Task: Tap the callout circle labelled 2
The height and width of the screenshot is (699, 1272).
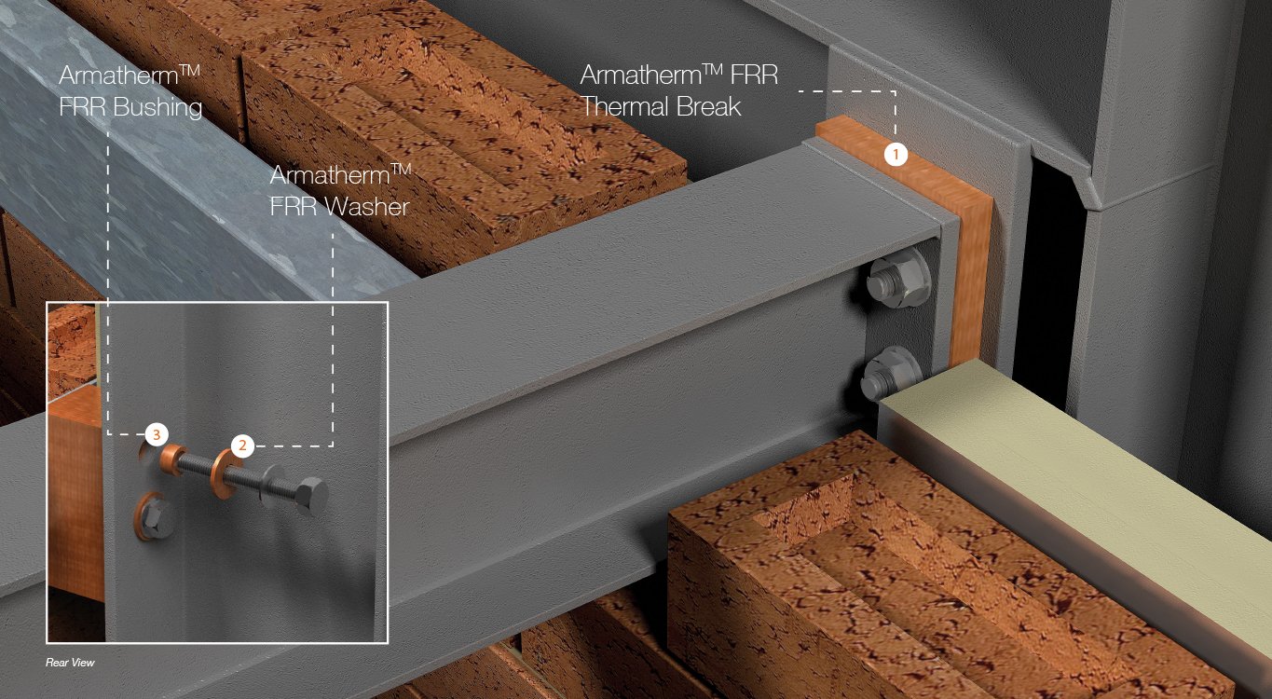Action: click(x=242, y=445)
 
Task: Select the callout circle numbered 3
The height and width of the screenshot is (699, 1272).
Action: click(x=157, y=434)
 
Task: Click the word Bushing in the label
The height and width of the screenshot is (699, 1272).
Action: click(x=157, y=107)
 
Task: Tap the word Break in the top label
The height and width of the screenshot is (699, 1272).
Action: click(x=709, y=107)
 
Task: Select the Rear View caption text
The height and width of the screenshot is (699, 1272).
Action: click(x=70, y=663)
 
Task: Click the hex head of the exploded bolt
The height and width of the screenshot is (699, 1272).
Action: click(x=309, y=498)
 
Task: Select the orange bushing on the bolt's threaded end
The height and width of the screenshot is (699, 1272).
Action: click(x=172, y=459)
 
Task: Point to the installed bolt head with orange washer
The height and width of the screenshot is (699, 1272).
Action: click(x=152, y=517)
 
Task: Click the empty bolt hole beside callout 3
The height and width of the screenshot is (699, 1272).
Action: click(x=146, y=452)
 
